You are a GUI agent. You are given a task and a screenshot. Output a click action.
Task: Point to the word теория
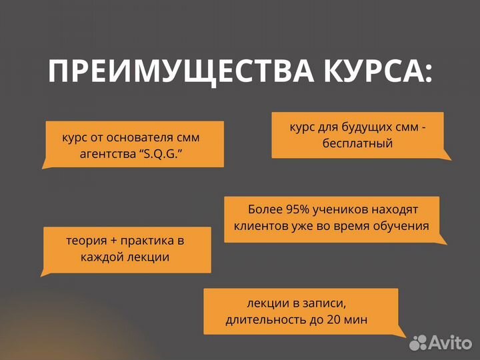pyautogui.click(x=85, y=240)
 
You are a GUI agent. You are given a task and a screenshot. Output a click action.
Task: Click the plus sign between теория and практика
pyautogui.click(x=113, y=240)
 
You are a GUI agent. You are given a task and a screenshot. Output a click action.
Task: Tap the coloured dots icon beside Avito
pyautogui.click(x=418, y=343)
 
